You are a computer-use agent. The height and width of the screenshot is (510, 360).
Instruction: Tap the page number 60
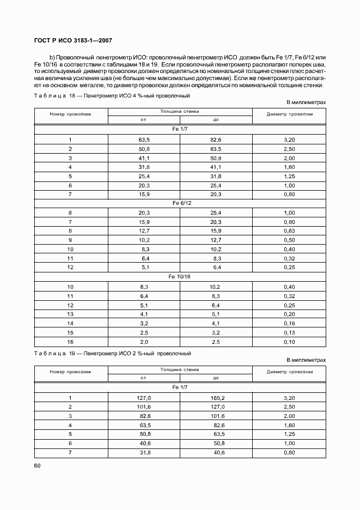point(37,465)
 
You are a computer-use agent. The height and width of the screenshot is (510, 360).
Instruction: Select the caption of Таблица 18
point(112,95)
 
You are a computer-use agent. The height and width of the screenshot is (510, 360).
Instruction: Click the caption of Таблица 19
point(112,353)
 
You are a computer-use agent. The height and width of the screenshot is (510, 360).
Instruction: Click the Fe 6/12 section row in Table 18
point(180,203)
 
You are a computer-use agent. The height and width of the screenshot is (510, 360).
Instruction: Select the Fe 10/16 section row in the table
point(180,277)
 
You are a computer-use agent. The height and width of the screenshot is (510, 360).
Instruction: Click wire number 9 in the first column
point(70,240)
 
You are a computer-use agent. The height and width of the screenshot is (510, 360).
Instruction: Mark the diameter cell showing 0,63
point(289,230)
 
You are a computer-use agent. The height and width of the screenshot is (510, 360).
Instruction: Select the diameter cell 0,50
point(289,240)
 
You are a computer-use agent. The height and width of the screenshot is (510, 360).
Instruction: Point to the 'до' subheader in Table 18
point(216,119)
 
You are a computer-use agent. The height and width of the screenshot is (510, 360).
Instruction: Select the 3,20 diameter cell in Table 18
point(289,139)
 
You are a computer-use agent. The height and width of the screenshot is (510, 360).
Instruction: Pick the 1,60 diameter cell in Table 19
point(289,425)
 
